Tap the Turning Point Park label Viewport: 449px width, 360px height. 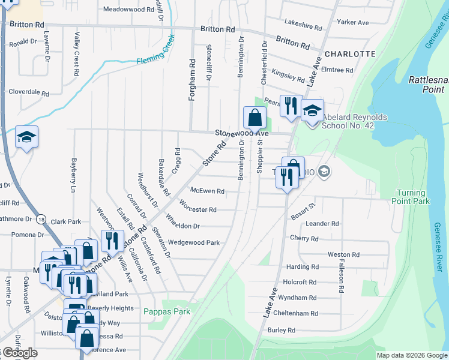411,197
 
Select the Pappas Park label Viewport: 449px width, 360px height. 167,311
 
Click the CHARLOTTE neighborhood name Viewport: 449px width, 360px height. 350,53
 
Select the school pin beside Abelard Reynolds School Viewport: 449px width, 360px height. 312,110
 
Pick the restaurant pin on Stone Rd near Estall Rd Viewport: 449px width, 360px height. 112,241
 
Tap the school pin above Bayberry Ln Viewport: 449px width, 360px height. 26,137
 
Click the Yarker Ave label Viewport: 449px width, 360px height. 352,22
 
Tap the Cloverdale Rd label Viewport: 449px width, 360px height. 28,92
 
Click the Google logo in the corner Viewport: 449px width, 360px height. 19,353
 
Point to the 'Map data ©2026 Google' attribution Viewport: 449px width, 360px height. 412,355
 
